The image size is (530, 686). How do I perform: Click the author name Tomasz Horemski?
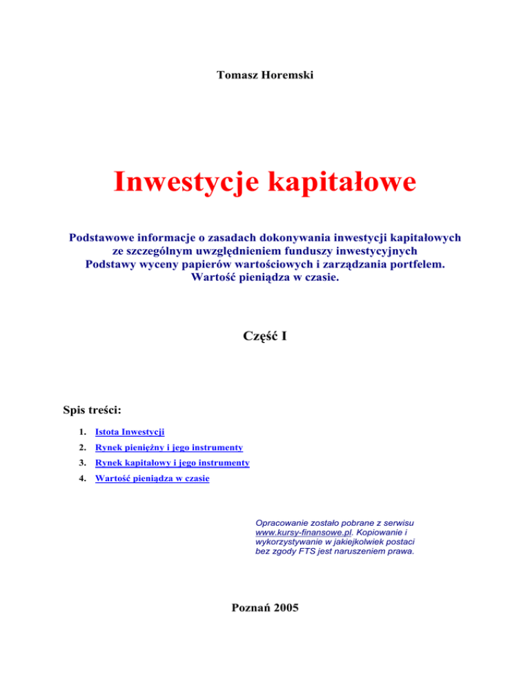[264, 73]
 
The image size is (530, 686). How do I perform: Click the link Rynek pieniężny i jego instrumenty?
[169, 447]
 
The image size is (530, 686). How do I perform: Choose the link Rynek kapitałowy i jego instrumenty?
[173, 462]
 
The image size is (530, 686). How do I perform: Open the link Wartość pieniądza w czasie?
[153, 478]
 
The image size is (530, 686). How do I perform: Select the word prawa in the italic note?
[399, 552]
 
